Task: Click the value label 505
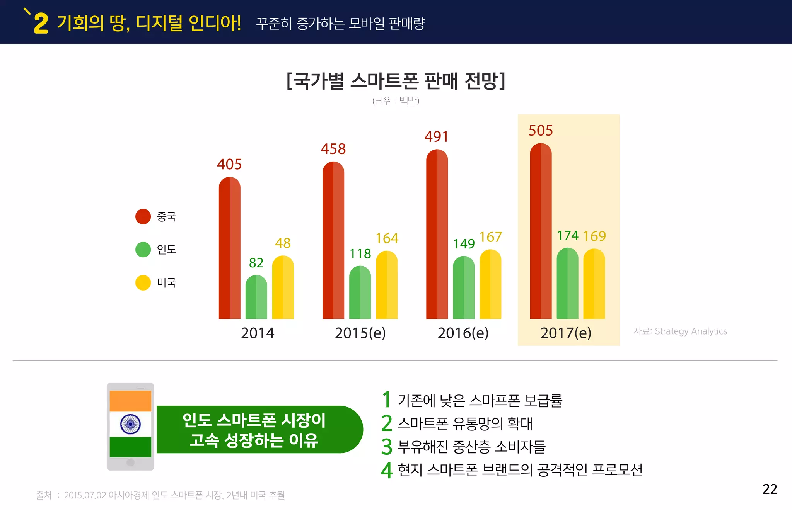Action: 540,131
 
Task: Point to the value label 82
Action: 256,263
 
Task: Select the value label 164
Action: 387,238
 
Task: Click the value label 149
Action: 464,244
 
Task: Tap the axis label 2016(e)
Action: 463,333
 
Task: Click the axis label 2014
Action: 258,333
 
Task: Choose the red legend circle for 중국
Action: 143,216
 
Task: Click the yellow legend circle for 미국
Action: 143,282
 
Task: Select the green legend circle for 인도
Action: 143,250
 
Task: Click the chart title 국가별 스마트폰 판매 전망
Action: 396,81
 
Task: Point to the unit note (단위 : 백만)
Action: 396,101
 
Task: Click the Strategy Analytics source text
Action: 680,331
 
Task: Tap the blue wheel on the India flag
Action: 130,424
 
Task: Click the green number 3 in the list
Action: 386,447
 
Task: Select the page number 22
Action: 770,489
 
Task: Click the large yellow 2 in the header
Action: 41,24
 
